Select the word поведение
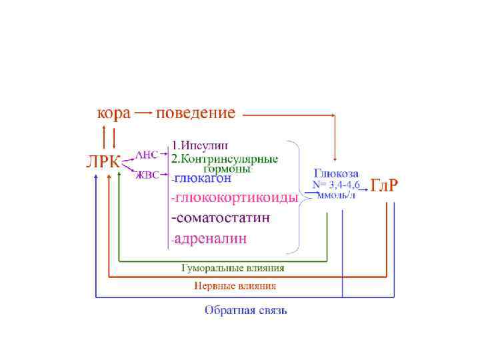(195, 113)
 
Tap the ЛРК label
(104, 163)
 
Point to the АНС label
(147, 154)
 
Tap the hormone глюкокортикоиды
(234, 198)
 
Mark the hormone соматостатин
(221, 218)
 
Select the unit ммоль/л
(337, 195)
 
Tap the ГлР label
(385, 185)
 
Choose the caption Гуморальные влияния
(233, 268)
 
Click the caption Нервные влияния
(235, 286)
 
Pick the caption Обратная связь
(246, 311)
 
